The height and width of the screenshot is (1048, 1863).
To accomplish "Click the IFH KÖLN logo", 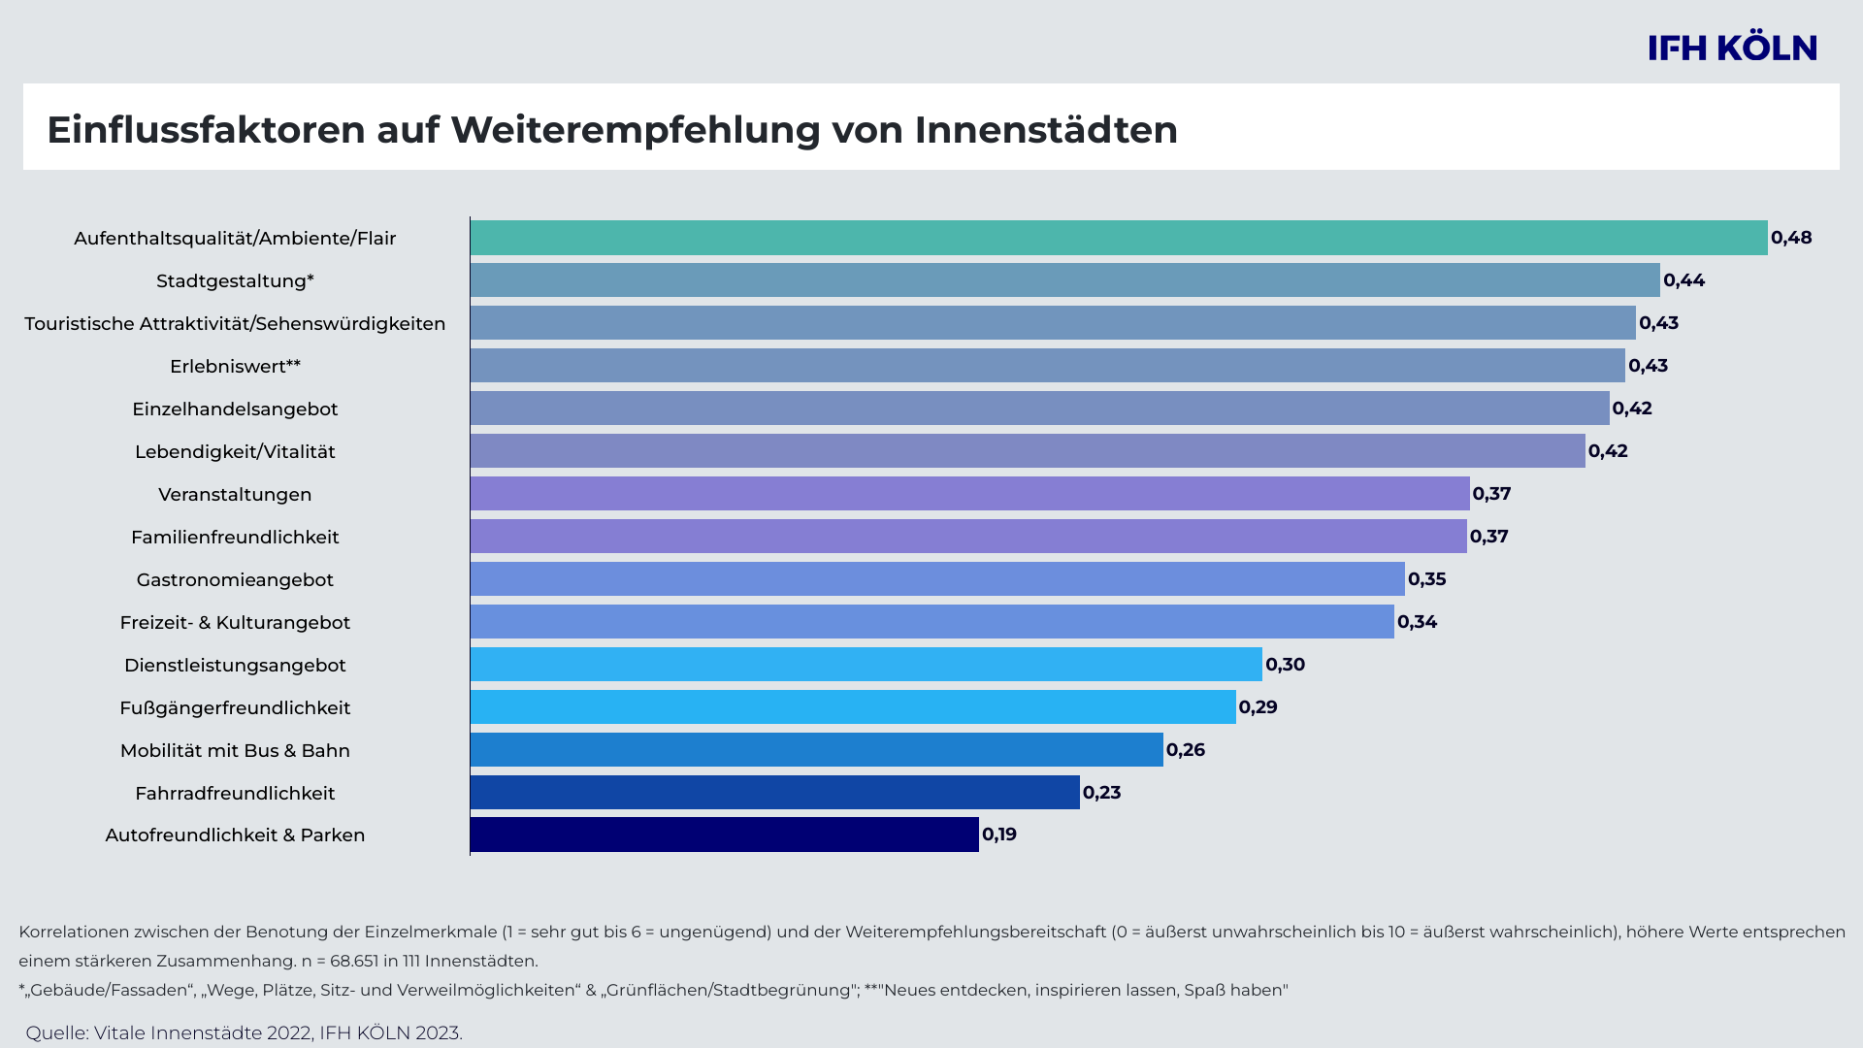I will [1732, 48].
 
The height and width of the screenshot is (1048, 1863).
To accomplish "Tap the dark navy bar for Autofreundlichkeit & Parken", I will [724, 835].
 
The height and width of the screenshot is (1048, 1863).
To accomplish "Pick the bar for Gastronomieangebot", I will [937, 579].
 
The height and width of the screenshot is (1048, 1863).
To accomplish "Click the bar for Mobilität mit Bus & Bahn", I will [816, 750].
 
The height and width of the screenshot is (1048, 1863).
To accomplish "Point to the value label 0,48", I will [1791, 238].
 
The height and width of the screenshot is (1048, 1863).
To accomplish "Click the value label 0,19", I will [999, 835].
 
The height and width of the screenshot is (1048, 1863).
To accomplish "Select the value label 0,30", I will [1285, 665].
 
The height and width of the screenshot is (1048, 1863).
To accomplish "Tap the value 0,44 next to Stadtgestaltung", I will [1683, 280].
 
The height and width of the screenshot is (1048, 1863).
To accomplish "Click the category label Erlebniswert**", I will [235, 367].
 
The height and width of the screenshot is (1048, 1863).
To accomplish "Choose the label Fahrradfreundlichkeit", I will [235, 794].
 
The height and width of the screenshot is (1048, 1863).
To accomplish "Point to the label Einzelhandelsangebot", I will [235, 409].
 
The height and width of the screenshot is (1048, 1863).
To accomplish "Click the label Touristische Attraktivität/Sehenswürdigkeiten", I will [235, 324].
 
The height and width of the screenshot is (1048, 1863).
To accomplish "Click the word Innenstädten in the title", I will [1046, 130].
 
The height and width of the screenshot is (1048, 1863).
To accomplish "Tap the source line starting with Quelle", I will [244, 1033].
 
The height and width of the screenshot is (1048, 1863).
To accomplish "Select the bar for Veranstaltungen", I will [969, 494].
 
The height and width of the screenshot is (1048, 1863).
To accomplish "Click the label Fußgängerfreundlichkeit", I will [235, 708].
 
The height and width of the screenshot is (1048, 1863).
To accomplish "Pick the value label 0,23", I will [1101, 793].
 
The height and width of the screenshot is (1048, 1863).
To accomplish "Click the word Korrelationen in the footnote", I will [73, 933].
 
